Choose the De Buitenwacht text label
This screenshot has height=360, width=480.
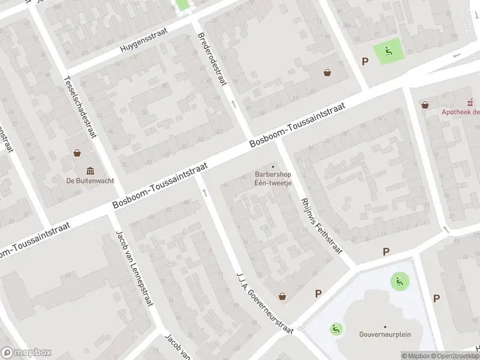click(x=91, y=180)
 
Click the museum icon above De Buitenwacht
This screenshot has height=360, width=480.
click(x=91, y=170)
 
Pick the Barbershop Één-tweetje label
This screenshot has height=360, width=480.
click(x=272, y=179)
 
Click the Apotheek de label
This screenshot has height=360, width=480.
click(x=461, y=111)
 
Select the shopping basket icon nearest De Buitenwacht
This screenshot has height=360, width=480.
click(x=78, y=152)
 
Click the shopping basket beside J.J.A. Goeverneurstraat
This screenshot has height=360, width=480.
click(x=283, y=296)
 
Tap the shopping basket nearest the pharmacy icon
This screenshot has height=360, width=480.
click(x=425, y=105)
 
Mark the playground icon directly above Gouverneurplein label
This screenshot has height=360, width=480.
click(x=398, y=280)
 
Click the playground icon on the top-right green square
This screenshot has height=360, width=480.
click(x=388, y=52)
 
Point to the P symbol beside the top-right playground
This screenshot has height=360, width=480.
click(x=364, y=61)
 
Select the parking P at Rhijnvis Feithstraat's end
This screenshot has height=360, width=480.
click(x=386, y=252)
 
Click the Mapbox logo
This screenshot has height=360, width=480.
click(x=26, y=353)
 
